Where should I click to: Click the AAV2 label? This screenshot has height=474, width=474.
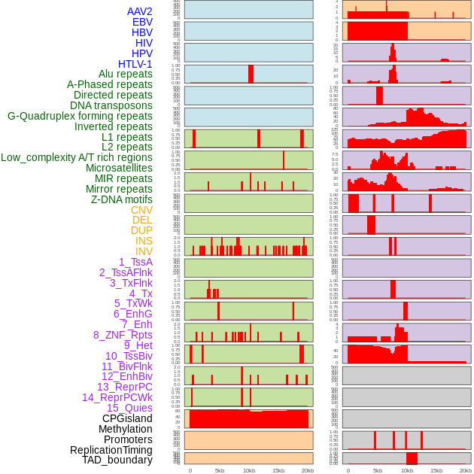[140, 11]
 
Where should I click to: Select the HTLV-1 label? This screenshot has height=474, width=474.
[135, 64]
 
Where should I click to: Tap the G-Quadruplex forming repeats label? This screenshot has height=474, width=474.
[80, 116]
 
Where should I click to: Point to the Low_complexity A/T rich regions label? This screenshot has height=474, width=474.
[77, 157]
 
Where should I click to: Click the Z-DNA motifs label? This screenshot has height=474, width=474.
[122, 199]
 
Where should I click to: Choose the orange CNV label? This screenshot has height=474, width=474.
[141, 210]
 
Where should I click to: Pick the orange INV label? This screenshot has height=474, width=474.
[144, 251]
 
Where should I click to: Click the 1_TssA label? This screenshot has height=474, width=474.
[135, 262]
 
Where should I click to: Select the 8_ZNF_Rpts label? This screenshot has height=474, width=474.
[123, 335]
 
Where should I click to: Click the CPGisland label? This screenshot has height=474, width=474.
[127, 418]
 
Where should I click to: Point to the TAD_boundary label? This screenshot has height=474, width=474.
[117, 460]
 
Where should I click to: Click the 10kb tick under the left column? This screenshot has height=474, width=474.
[249, 470]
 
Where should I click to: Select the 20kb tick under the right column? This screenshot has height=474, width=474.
[466, 470]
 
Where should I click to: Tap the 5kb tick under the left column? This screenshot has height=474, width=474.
[220, 470]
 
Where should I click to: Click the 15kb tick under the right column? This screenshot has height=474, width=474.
[436, 470]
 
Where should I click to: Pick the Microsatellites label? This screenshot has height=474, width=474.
[119, 168]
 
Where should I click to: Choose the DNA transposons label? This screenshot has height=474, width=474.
[111, 105]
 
